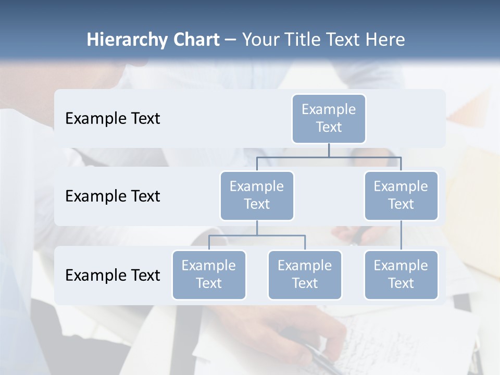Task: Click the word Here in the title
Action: point(383,40)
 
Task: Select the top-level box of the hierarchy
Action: point(329,119)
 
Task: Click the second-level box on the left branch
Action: point(257,196)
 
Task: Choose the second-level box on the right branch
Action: point(401,196)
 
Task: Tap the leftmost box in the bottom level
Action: point(209,275)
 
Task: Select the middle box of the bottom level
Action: point(305,275)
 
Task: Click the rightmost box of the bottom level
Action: point(401,275)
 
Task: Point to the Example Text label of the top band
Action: point(113,119)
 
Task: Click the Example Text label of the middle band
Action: point(113,196)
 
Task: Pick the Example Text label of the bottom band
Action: point(113,276)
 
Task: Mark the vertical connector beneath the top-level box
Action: point(329,150)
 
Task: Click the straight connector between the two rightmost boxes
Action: point(401,235)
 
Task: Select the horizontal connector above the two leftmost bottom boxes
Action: point(257,235)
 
